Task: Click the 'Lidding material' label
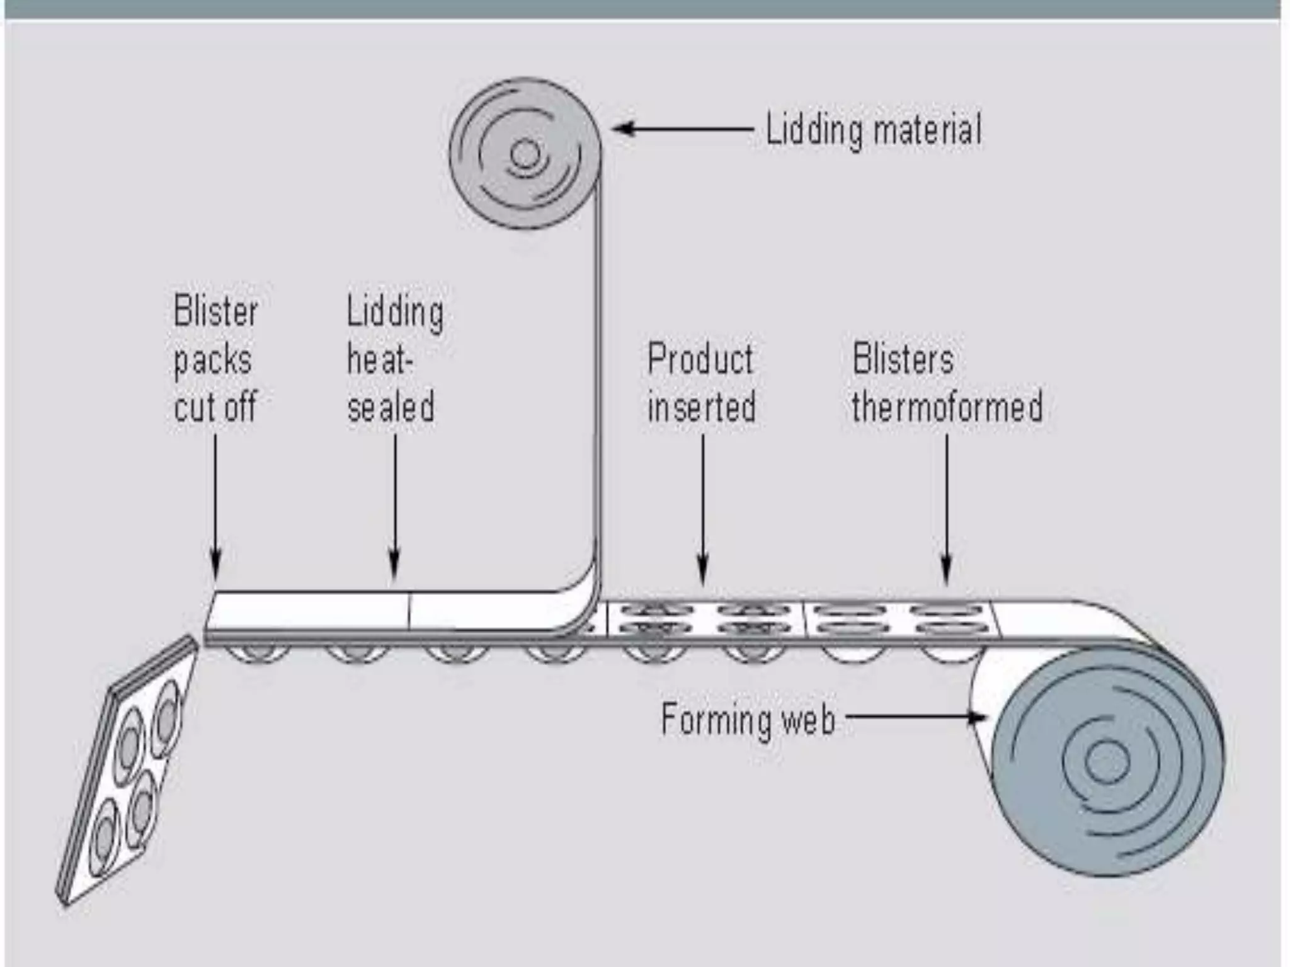pos(873,130)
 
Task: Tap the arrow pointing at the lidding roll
pos(683,129)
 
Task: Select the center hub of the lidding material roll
pos(525,154)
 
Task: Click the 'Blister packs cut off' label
pos(215,359)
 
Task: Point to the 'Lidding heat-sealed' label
pos(395,359)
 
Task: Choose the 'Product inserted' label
pos(702,383)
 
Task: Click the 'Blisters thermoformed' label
pos(947,383)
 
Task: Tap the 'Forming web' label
pos(748,719)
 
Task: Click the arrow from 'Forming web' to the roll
pos(916,716)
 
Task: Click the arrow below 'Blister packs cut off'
pos(215,506)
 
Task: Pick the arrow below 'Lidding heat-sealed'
pos(395,506)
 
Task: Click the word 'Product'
pos(700,359)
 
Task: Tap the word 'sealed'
pos(391,407)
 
